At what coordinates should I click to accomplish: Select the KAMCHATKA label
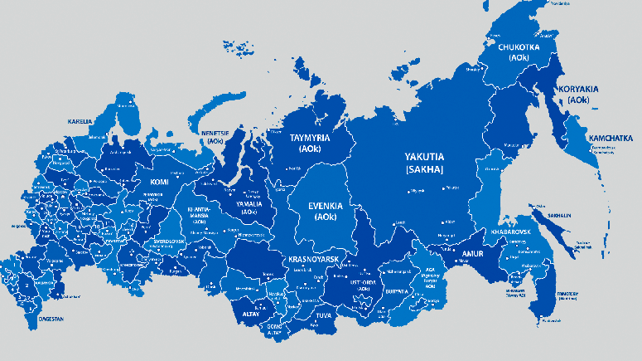pos(610,138)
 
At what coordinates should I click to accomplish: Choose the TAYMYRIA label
pos(309,138)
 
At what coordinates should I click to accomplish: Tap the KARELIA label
pos(80,121)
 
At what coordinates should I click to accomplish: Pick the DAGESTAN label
pos(51,318)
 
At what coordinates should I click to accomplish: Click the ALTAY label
pos(249,315)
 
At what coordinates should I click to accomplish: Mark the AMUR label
pos(472,254)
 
